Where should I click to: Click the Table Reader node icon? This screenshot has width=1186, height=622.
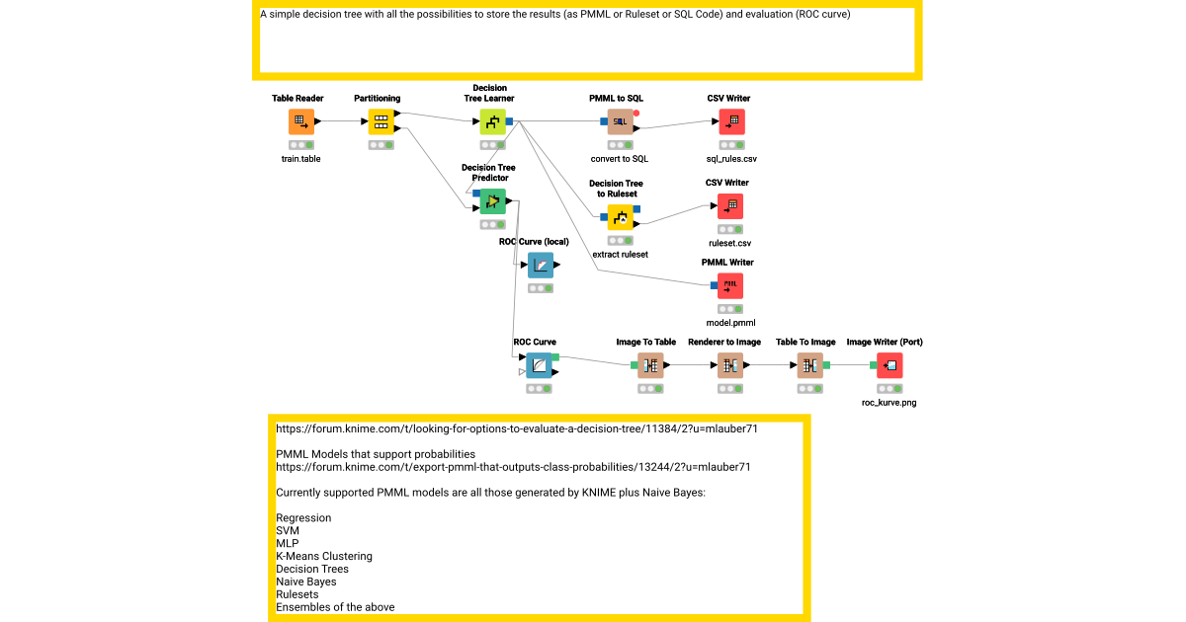(301, 122)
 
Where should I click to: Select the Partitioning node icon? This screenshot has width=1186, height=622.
(381, 122)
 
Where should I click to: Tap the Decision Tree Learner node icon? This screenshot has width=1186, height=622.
(492, 122)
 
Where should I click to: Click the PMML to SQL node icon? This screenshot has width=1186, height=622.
(620, 122)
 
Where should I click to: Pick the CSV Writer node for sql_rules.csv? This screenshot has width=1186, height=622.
(730, 122)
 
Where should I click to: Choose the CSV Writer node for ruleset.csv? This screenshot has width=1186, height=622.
(730, 206)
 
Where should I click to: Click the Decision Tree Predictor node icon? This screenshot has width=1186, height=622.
(492, 201)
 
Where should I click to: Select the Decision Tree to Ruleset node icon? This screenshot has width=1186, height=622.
(620, 217)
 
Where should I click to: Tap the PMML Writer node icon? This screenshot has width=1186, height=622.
(730, 286)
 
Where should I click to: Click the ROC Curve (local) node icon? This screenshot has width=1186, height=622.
(541, 266)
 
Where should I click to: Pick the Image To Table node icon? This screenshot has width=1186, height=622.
(650, 366)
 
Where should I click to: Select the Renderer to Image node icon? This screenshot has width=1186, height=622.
(730, 366)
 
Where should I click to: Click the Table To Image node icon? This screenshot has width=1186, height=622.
(809, 366)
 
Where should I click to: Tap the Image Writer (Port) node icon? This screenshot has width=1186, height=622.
(889, 366)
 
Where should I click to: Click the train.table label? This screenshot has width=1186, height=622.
(301, 158)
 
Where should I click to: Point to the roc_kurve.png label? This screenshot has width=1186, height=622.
(889, 402)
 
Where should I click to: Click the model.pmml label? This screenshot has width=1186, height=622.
(730, 323)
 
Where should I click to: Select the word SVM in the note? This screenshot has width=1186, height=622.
(288, 530)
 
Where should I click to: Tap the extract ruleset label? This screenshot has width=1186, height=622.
(620, 254)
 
